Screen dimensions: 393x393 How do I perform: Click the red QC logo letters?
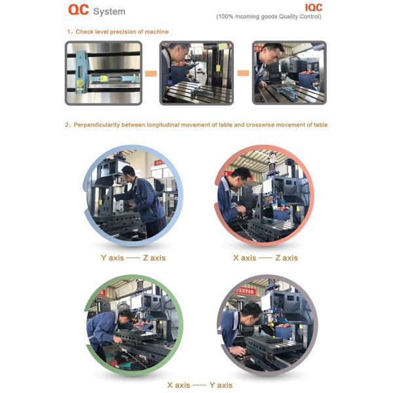tap(78, 10)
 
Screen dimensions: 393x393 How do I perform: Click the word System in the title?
tap(109, 12)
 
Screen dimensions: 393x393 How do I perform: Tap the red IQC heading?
tap(313, 7)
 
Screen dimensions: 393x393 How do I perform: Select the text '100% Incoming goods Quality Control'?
tap(269, 16)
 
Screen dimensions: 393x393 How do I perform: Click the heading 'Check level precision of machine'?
tap(122, 31)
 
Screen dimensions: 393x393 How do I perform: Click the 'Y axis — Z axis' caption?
tap(133, 257)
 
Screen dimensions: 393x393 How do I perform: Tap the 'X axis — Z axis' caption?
tap(265, 257)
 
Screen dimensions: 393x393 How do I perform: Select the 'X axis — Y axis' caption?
tap(200, 385)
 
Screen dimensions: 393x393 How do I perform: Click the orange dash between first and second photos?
tap(151, 73)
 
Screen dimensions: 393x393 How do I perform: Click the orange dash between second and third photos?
tap(243, 73)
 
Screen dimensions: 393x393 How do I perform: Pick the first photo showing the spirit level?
tap(103, 73)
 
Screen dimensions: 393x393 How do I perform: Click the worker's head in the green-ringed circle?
tap(124, 317)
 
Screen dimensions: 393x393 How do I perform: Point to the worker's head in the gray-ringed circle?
tap(251, 312)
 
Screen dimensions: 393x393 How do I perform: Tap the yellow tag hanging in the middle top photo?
tap(218, 67)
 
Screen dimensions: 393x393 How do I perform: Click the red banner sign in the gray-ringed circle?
tap(245, 290)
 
